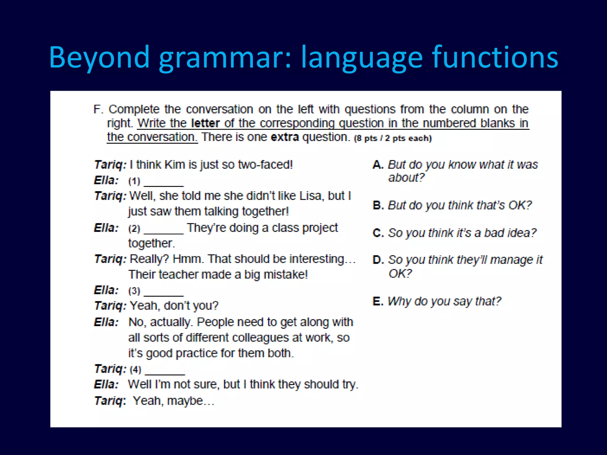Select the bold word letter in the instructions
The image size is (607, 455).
(x=205, y=123)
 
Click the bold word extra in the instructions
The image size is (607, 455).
(x=285, y=137)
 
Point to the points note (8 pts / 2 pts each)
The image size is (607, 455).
(x=393, y=138)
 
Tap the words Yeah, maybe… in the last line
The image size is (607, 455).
(x=173, y=401)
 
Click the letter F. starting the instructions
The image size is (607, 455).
(x=98, y=110)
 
